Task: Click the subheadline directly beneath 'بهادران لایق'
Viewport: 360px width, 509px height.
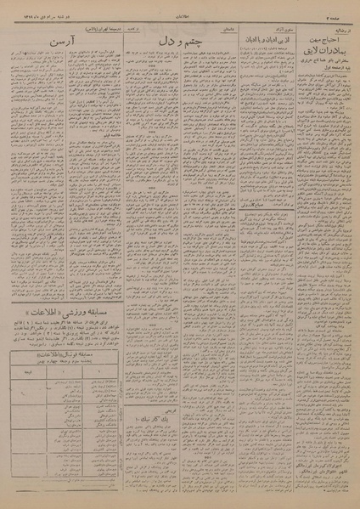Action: click(320, 59)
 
